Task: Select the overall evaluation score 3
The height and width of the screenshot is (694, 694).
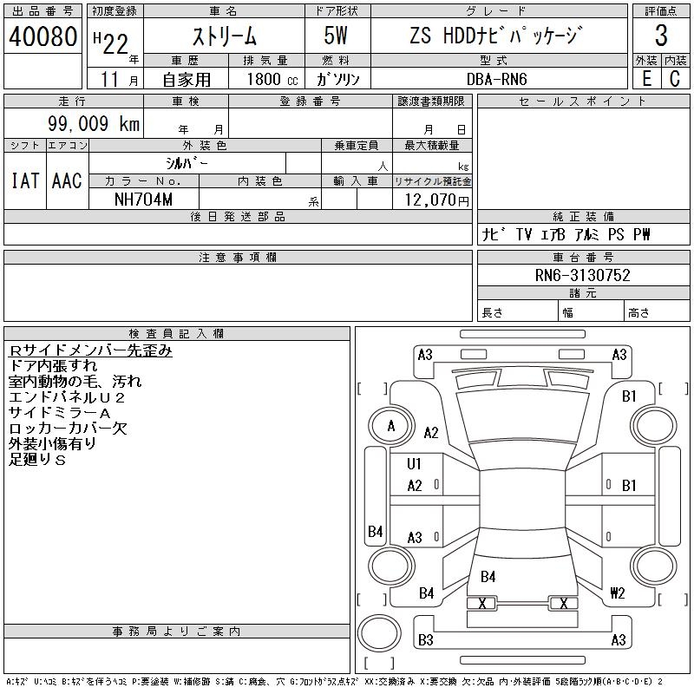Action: [661, 36]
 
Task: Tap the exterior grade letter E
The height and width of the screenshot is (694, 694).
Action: [646, 78]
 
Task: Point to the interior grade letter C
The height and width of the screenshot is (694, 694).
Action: [675, 78]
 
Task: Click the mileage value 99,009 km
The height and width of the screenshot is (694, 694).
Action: [93, 124]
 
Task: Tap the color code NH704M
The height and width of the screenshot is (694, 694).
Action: [143, 200]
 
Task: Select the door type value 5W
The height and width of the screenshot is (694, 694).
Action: [337, 36]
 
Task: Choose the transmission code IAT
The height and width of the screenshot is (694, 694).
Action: [25, 180]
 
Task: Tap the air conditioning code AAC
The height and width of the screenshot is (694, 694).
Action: [67, 180]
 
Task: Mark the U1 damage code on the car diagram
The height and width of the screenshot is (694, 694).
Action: [414, 464]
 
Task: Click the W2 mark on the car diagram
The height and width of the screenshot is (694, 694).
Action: [618, 593]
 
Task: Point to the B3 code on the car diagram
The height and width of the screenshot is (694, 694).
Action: [425, 640]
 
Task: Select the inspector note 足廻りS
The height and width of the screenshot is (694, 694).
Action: [37, 459]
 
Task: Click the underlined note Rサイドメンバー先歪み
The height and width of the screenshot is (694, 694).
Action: [90, 350]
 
